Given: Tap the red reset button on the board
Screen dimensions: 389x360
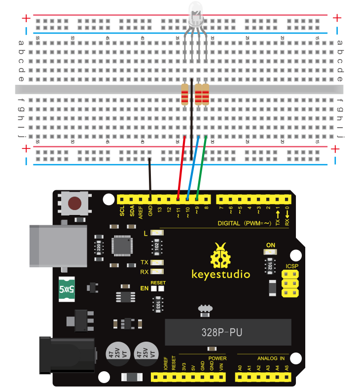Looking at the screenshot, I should coord(74,203).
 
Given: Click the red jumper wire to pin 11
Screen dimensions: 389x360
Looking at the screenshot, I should coord(181,168).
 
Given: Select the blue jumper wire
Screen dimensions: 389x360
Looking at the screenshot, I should coord(193,168).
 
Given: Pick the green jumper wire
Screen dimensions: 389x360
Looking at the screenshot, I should coord(201,168).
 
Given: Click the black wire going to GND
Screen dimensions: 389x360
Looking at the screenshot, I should coord(150,177).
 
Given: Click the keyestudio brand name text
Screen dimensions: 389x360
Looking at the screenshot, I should coord(220,274).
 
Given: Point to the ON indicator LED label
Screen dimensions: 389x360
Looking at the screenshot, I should coord(270,245).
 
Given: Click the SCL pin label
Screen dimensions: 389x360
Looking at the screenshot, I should coord(122,212).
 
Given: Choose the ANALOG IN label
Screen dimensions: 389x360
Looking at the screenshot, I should coord(271,358).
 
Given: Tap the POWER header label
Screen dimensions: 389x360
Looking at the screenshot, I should coord(217,358).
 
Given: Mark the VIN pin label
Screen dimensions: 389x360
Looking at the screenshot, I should coord(221,367).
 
